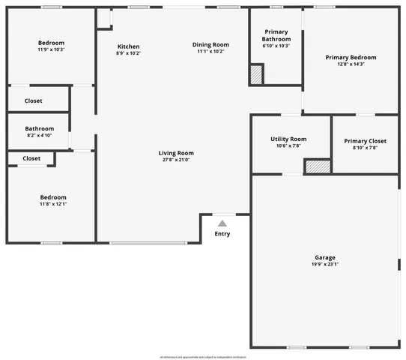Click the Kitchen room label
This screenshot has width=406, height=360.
pyautogui.click(x=128, y=46)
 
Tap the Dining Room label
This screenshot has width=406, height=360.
pyautogui.click(x=210, y=45)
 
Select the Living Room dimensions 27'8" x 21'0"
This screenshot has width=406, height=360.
pyautogui.click(x=177, y=160)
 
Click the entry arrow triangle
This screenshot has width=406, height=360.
pyautogui.click(x=222, y=223)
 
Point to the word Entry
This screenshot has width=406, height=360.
pyautogui.click(x=222, y=234)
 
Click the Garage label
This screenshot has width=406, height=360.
pyautogui.click(x=324, y=257)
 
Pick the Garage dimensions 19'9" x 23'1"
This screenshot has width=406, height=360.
pyautogui.click(x=324, y=264)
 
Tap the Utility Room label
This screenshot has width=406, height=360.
pyautogui.click(x=288, y=139)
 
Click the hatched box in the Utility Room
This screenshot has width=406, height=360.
pyautogui.click(x=318, y=167)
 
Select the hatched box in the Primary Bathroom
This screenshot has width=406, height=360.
pyautogui.click(x=257, y=74)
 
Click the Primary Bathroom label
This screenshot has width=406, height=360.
pyautogui.click(x=275, y=36)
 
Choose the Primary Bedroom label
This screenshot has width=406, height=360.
pyautogui.click(x=351, y=57)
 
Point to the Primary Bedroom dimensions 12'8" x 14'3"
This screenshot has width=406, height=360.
pyautogui.click(x=351, y=64)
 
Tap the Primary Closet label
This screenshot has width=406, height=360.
pyautogui.click(x=365, y=141)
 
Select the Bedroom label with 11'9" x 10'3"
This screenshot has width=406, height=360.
pyautogui.click(x=51, y=43)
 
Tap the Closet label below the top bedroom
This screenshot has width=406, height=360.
pyautogui.click(x=34, y=100)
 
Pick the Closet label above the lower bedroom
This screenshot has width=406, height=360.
pyautogui.click(x=31, y=158)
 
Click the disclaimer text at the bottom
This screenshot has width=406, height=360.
pyautogui.click(x=203, y=357)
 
